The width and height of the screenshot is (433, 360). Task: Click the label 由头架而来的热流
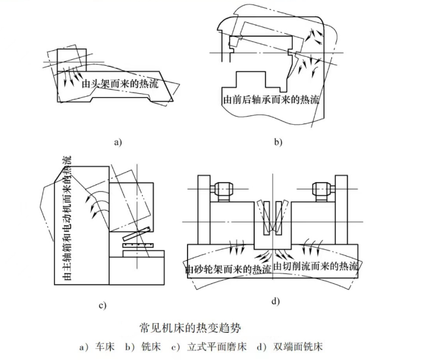point(120,85)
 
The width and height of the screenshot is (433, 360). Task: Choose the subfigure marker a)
point(118,143)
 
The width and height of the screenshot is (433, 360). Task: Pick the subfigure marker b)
point(278,143)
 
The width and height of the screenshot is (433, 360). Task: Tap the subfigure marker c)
point(103,304)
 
